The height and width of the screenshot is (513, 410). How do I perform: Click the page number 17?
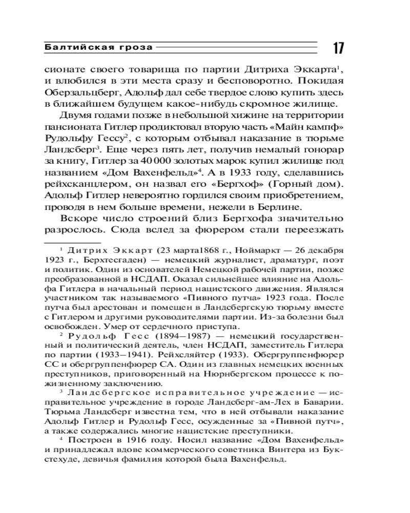(338, 49)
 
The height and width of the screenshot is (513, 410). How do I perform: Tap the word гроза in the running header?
(137, 48)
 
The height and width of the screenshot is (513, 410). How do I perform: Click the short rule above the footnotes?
(72, 241)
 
